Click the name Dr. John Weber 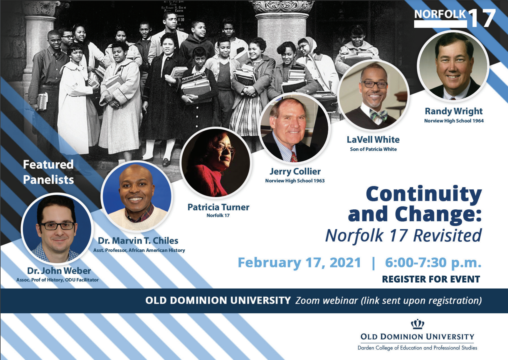59,270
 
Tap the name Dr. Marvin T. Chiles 138,241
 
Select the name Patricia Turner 218,207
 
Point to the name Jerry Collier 295,172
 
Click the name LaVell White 373,139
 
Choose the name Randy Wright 454,112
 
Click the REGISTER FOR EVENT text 431,279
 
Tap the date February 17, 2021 299,263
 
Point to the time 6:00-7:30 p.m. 433,263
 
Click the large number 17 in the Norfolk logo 482,18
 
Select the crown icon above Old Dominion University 417,324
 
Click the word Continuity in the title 424,194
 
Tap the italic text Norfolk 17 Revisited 403,235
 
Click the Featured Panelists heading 48,172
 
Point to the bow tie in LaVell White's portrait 378,115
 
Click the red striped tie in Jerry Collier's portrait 294,157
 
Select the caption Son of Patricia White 373,149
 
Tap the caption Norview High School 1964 454,121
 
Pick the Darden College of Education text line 417,348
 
